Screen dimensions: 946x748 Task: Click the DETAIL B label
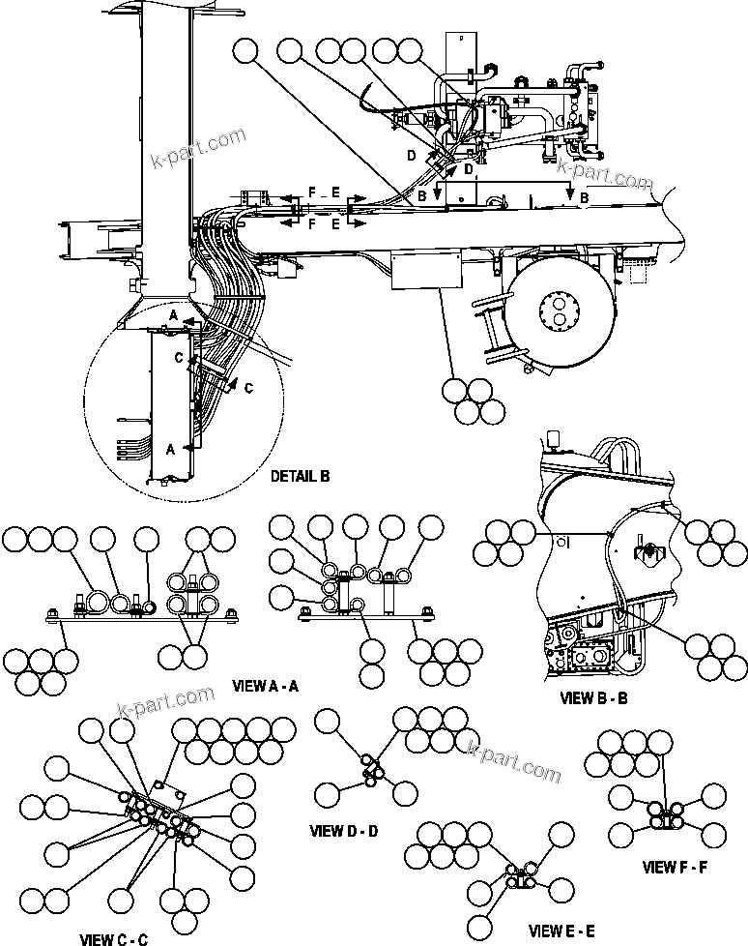click(300, 476)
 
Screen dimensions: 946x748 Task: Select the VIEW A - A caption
click(266, 686)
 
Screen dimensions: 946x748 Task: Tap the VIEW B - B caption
click(593, 696)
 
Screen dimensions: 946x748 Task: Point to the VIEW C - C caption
click(113, 937)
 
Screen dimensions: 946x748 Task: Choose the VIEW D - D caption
click(344, 830)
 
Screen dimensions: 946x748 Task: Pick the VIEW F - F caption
click(676, 866)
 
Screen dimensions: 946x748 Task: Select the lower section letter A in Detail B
click(170, 449)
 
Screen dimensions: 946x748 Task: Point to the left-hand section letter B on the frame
click(422, 196)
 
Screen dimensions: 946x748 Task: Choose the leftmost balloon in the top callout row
click(246, 51)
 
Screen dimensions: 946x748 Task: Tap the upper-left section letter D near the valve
click(411, 155)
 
